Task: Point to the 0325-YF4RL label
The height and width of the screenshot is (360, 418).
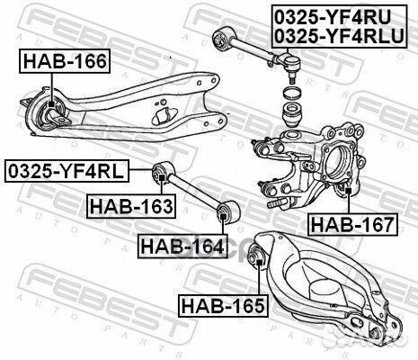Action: coord(67,169)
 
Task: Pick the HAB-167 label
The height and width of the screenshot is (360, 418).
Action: coord(351,223)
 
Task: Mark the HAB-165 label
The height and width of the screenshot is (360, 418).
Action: coord(223,305)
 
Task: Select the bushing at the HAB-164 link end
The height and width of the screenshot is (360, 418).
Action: coord(226,213)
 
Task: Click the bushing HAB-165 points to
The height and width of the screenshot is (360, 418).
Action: coord(257,262)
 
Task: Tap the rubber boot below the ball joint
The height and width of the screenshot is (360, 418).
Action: coord(294,116)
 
